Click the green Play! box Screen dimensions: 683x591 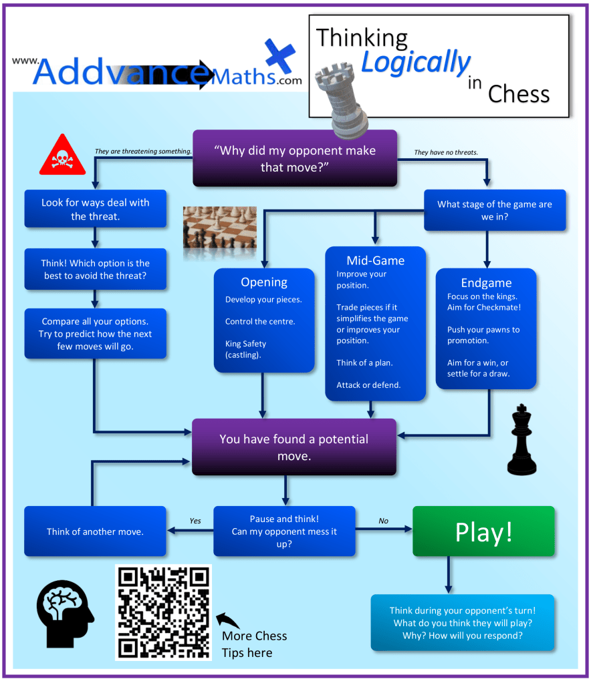[483, 531]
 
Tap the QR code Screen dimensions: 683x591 [163, 612]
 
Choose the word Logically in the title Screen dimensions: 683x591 [415, 62]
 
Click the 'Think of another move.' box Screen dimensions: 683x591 [95, 531]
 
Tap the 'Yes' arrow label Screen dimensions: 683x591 [195, 521]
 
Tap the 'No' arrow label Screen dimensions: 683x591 [383, 521]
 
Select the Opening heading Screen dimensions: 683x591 [264, 282]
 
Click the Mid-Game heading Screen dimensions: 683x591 [375, 260]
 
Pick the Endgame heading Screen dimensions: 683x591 [486, 282]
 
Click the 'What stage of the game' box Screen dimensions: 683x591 [495, 210]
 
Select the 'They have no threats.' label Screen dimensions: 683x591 [446, 152]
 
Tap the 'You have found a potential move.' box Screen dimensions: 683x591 [294, 447]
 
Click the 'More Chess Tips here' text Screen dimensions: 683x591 [255, 644]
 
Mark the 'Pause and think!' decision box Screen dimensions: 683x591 [284, 531]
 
